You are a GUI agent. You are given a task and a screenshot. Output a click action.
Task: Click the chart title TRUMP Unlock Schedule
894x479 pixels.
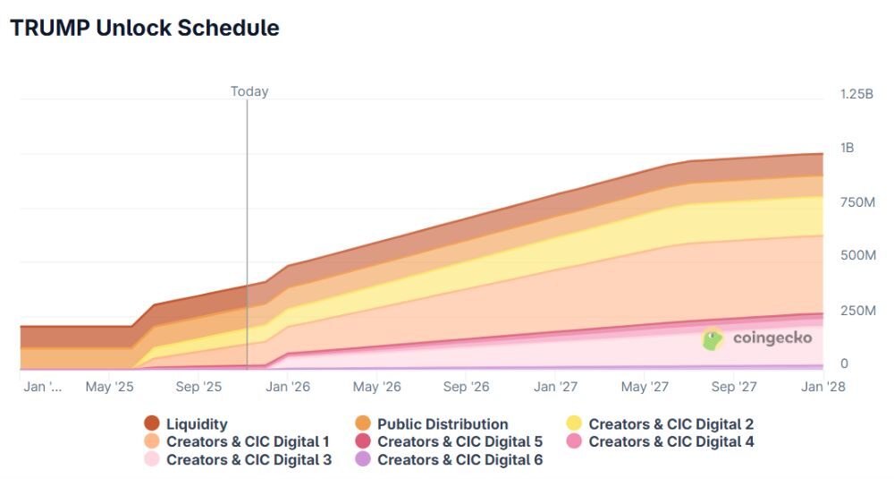click(144, 28)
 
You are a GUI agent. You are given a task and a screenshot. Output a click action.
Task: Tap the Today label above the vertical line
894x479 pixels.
click(249, 91)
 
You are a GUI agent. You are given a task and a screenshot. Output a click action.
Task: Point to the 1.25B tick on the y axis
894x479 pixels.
click(856, 94)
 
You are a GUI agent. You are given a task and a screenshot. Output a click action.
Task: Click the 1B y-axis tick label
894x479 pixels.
click(847, 148)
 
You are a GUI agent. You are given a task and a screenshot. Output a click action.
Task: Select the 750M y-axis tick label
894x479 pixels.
click(857, 202)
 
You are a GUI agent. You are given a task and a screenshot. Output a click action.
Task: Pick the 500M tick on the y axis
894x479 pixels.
click(857, 256)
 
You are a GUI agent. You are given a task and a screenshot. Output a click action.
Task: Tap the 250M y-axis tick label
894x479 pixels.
click(857, 311)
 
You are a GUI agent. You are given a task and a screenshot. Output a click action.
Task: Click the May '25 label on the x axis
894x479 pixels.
click(109, 387)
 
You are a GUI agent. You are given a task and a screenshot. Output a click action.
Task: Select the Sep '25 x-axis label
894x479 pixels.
click(198, 387)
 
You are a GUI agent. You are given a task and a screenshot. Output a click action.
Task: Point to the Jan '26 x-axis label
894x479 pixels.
click(288, 387)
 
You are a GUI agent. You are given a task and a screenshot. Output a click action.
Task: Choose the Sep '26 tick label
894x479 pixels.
click(467, 387)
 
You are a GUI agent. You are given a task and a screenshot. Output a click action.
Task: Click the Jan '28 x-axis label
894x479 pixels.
click(823, 387)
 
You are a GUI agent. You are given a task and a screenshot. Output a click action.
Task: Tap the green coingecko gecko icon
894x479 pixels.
click(713, 339)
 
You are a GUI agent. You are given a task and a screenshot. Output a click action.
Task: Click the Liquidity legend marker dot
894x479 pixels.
click(152, 424)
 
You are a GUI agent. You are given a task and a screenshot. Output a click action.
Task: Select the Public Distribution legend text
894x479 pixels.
click(443, 424)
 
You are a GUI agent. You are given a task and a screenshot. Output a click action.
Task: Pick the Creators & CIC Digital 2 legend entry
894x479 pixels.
click(670, 424)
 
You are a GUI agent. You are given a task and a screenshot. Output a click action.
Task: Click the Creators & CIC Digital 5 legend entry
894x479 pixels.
click(460, 441)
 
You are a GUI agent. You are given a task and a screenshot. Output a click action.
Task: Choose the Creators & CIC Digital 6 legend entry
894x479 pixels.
click(460, 459)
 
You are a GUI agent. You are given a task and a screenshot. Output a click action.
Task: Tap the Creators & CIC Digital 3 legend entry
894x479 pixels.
click(249, 459)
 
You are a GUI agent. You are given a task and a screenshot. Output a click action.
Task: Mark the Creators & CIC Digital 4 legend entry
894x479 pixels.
click(670, 441)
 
